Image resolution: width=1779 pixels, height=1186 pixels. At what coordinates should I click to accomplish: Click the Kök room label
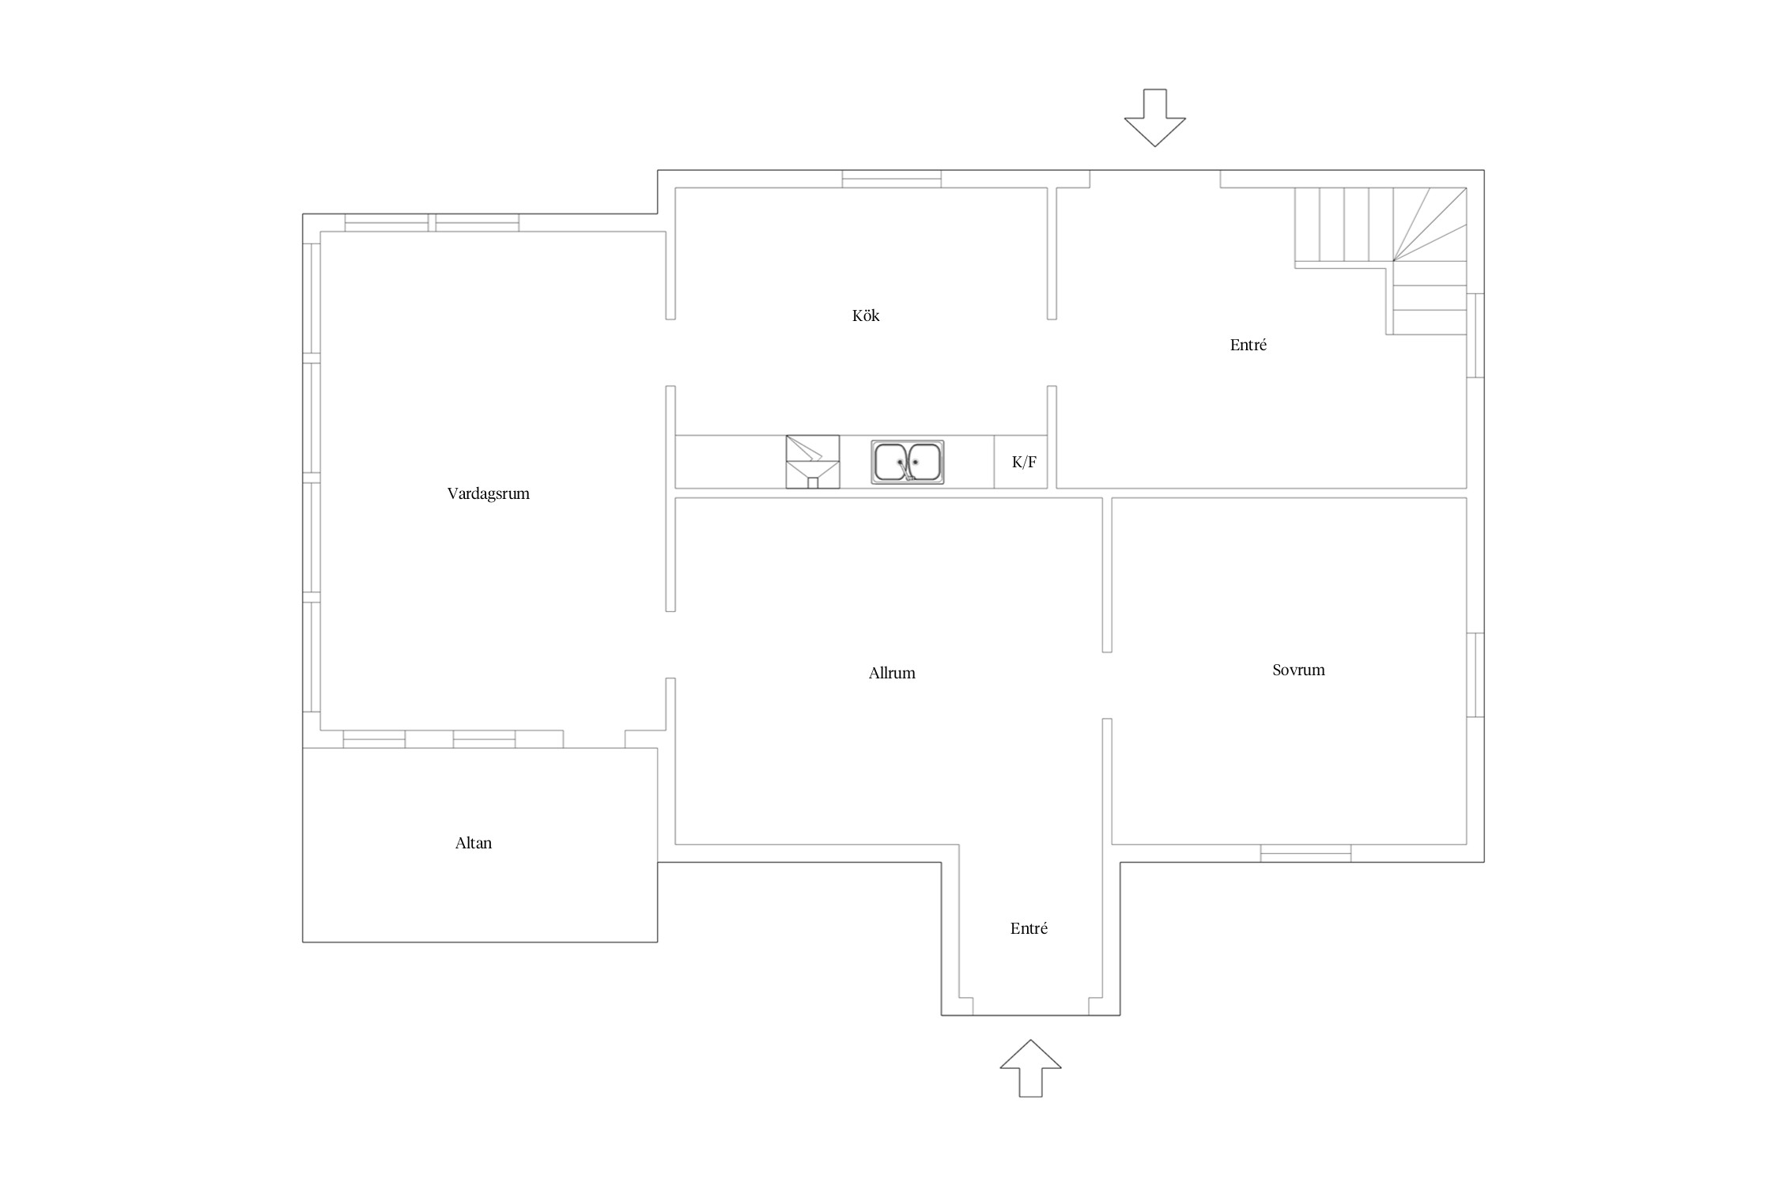point(866,315)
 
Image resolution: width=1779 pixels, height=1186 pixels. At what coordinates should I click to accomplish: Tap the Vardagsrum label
point(488,494)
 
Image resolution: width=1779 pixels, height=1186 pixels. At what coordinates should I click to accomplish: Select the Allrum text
point(892,673)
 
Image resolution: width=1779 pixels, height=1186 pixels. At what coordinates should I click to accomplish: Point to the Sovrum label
point(1298,670)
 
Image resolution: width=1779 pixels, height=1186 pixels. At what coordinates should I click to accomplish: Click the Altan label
point(474,843)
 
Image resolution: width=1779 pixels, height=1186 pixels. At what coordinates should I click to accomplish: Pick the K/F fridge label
point(1024,463)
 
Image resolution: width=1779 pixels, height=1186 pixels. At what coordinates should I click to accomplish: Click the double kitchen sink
point(907,462)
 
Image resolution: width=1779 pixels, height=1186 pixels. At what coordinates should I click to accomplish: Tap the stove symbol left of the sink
point(813,462)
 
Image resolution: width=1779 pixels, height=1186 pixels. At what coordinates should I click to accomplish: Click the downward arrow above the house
point(1155,118)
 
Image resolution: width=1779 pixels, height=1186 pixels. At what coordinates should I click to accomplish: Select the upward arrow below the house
point(1030,1068)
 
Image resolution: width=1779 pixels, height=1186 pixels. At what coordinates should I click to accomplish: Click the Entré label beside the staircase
point(1248,345)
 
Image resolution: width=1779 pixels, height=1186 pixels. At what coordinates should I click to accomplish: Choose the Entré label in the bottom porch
point(1029,928)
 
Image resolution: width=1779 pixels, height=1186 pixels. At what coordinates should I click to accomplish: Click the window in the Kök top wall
point(892,179)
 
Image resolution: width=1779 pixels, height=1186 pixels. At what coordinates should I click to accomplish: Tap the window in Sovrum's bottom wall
point(1305,853)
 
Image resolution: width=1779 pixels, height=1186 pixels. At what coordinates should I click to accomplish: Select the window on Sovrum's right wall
point(1475,674)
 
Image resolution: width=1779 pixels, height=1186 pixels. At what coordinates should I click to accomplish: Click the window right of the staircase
point(1475,335)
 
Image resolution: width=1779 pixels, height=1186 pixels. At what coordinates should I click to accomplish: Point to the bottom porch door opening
point(1031,1007)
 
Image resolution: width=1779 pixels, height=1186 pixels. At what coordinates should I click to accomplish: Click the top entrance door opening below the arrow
point(1155,179)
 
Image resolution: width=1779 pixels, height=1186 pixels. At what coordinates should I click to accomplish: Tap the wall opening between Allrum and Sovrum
point(1107,686)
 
